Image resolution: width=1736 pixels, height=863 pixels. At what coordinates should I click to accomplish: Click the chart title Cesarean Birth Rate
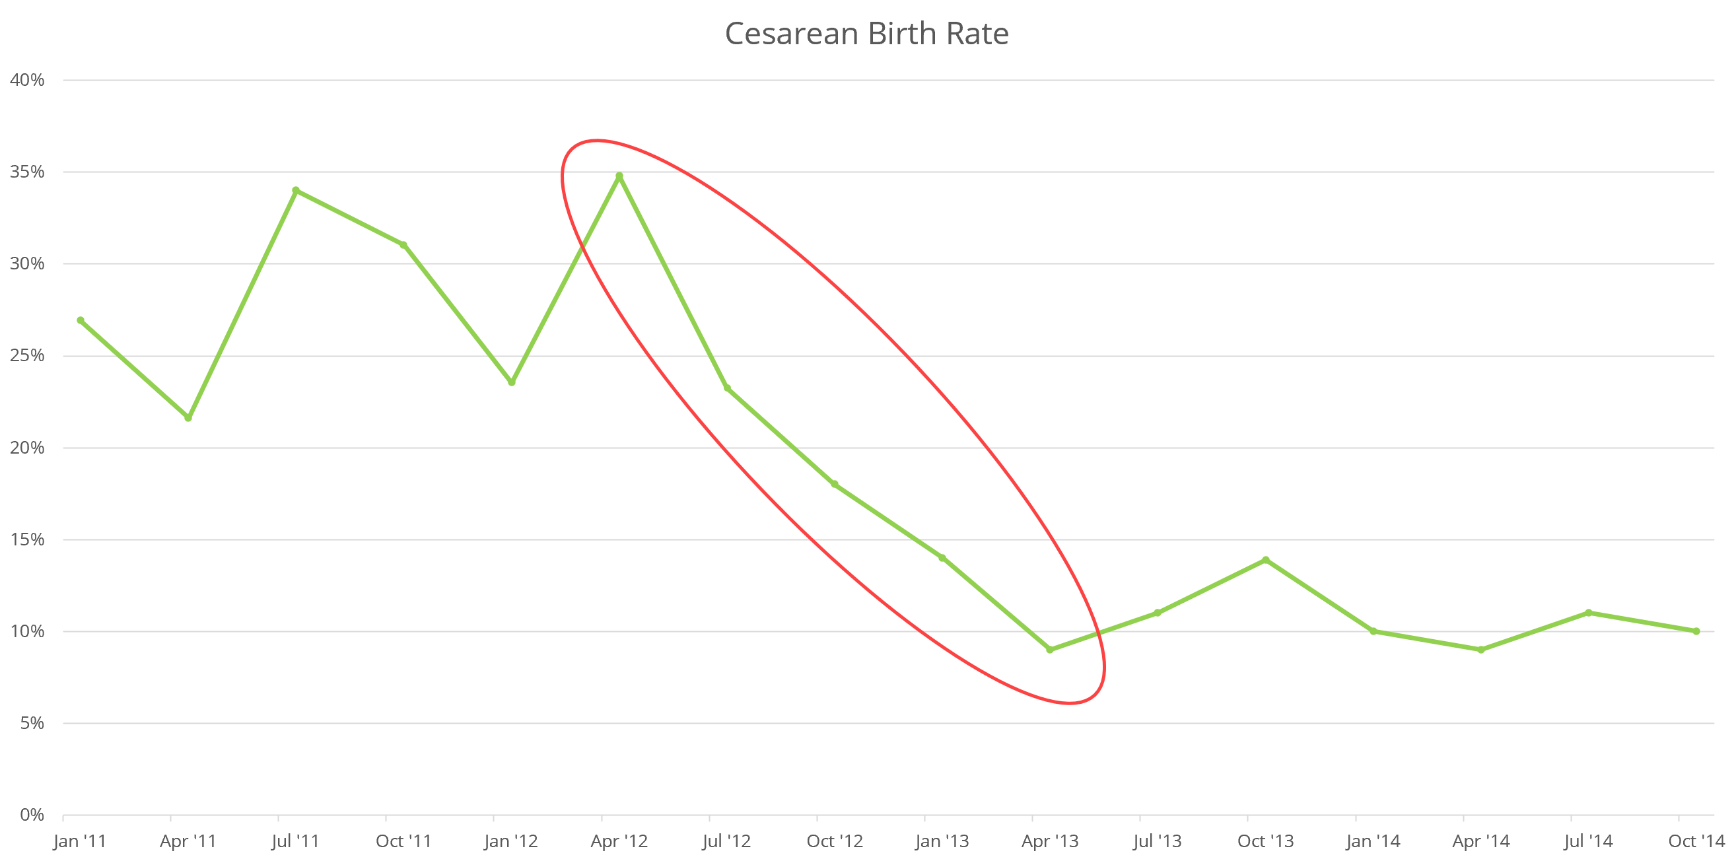866,34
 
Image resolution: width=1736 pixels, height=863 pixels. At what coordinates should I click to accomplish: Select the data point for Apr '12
619,176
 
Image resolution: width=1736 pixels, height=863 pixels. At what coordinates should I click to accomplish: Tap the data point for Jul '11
296,191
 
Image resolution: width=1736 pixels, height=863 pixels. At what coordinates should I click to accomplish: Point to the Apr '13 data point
1050,650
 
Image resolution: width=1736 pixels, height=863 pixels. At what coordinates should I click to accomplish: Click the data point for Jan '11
81,321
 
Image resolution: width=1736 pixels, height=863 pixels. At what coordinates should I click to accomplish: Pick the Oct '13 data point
1266,560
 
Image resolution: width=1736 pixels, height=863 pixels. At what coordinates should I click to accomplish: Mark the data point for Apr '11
188,418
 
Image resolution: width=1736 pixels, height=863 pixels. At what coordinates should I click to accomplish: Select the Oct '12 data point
834,485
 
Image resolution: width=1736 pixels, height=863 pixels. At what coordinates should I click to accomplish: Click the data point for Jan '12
512,382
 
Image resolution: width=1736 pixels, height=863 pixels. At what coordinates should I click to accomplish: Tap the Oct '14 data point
1696,631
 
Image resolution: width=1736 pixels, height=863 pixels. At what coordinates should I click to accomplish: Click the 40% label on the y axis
27,80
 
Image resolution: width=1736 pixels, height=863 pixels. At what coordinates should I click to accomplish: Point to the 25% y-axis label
27,356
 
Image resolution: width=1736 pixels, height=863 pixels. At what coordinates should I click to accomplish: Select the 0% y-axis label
32,815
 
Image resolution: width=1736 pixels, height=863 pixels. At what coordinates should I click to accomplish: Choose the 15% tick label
27,539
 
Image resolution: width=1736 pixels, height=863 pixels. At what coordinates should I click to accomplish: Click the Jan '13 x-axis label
942,841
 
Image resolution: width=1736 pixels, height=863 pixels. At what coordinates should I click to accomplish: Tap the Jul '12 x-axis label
726,841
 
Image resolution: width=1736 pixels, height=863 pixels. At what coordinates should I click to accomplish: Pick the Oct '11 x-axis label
403,841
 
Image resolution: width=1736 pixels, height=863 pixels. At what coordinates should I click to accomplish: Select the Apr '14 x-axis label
1481,841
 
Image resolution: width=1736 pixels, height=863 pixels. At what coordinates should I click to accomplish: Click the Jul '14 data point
1588,613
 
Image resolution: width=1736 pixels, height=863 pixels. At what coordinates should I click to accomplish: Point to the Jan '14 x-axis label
1373,841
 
